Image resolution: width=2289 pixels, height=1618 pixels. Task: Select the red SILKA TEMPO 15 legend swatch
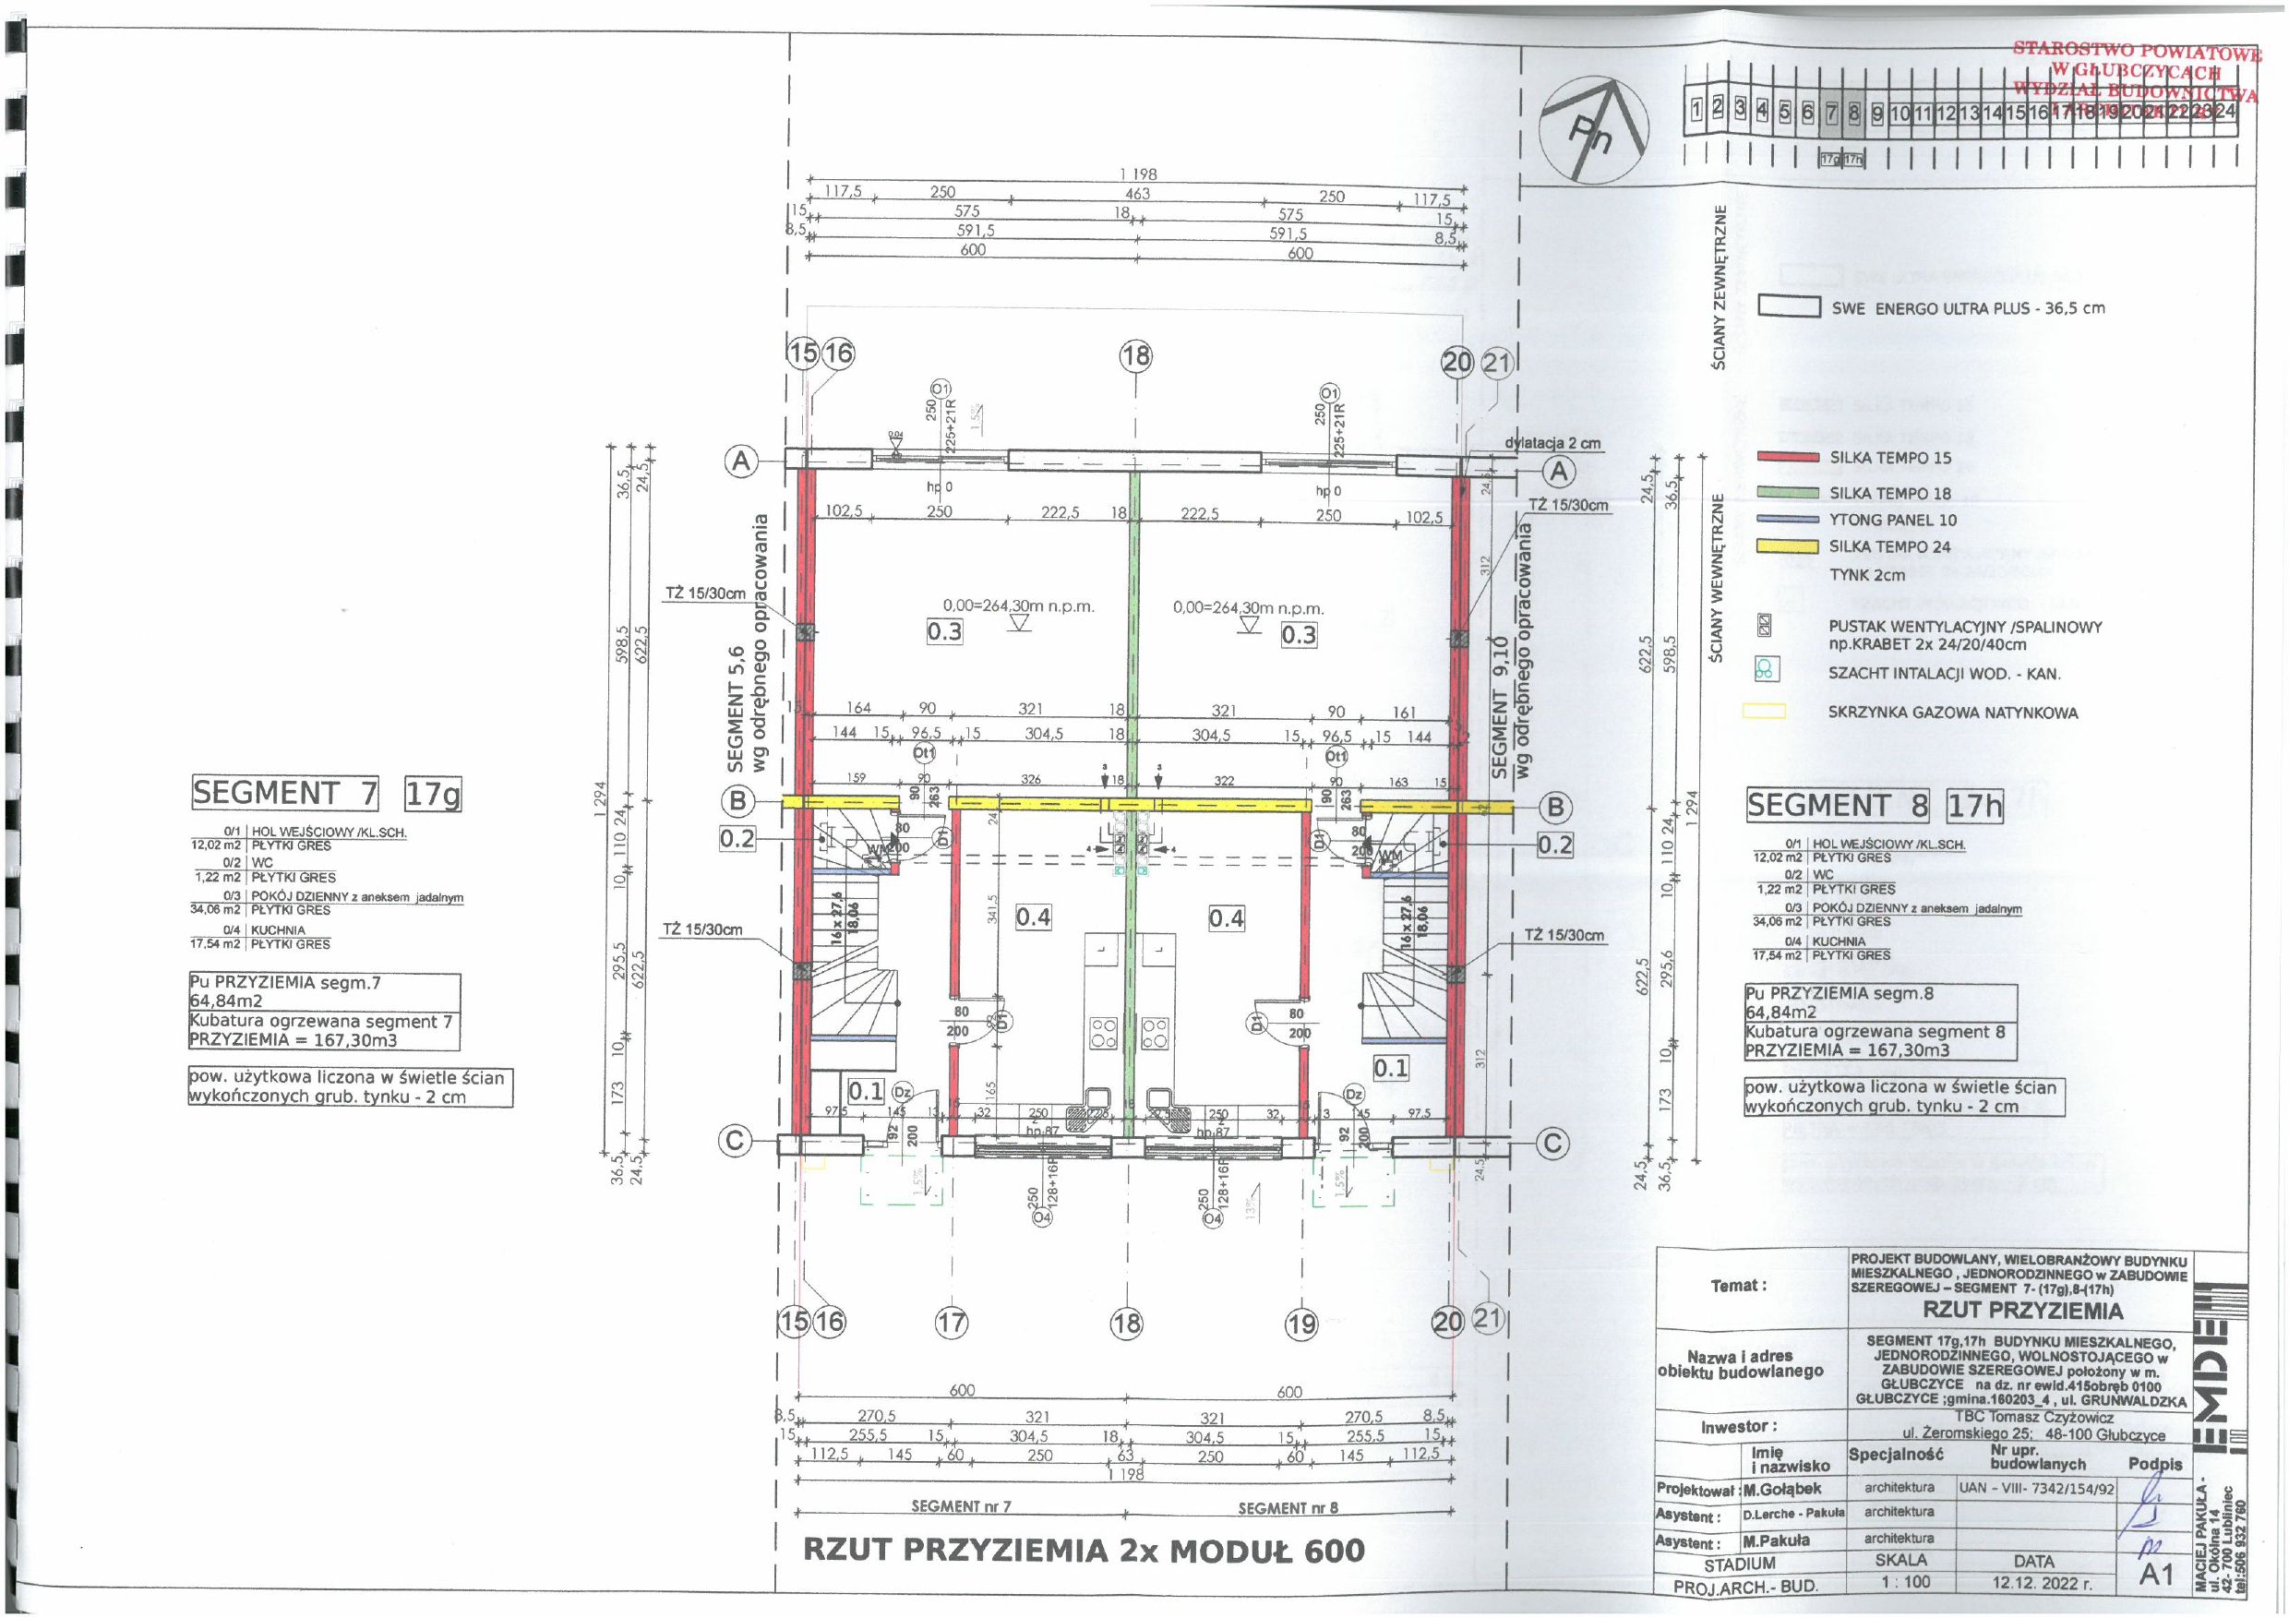click(x=1789, y=458)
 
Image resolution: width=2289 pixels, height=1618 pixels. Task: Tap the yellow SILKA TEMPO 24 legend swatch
click(x=1789, y=546)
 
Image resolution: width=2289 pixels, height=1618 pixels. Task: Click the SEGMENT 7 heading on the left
click(x=285, y=794)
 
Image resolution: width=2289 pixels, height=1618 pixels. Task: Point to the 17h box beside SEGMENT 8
click(x=1974, y=806)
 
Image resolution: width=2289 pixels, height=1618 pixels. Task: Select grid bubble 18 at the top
click(x=1135, y=356)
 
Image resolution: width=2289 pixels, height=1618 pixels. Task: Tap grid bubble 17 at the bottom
click(x=951, y=1323)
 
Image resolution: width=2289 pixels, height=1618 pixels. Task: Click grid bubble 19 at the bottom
click(x=1301, y=1324)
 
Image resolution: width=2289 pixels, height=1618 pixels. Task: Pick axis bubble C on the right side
click(x=1552, y=1144)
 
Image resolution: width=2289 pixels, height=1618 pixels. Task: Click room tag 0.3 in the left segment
click(x=944, y=631)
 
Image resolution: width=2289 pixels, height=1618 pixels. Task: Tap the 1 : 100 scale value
click(x=1901, y=1581)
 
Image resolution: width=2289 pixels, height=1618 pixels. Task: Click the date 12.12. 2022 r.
click(x=2032, y=1582)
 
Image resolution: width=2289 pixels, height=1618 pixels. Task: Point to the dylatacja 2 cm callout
click(x=1552, y=443)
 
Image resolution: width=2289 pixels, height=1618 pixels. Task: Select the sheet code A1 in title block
click(x=2155, y=1574)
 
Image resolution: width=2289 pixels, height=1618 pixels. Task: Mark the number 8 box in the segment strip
click(x=1854, y=113)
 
